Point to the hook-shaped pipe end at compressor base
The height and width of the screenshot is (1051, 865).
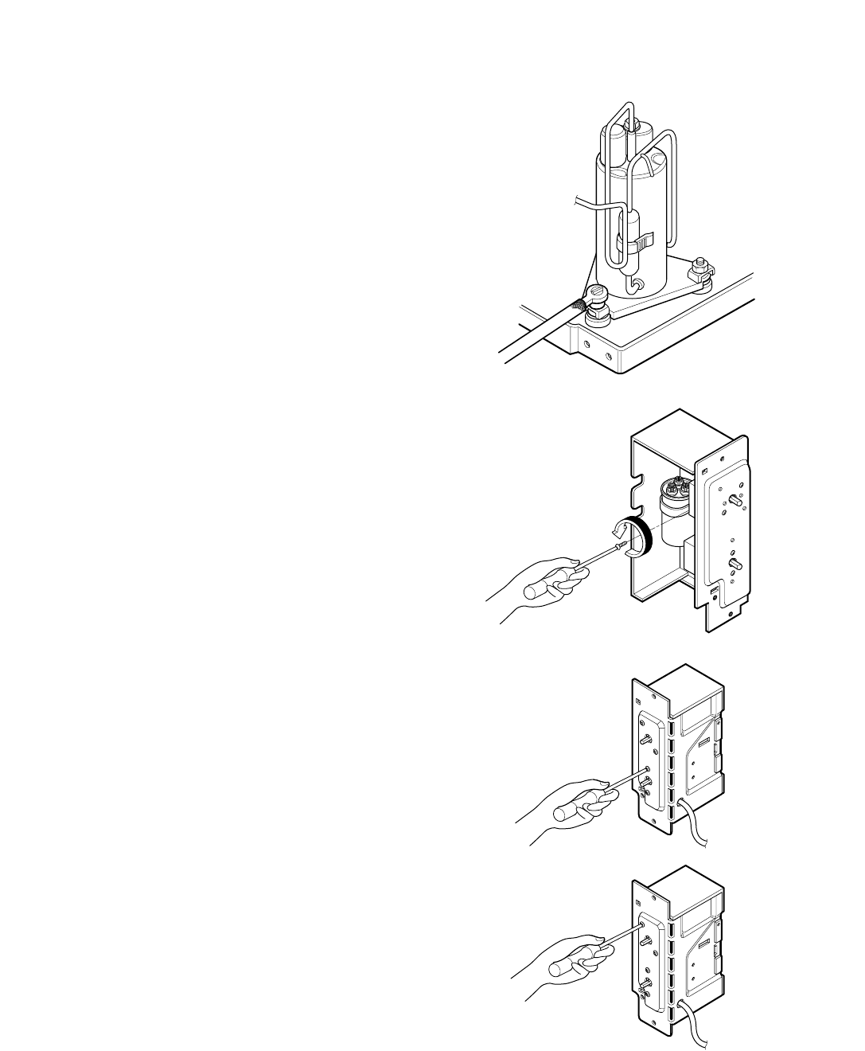636,283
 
